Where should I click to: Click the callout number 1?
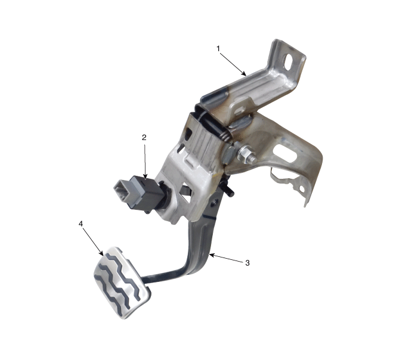tap(218, 48)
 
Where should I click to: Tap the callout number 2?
tap(144, 138)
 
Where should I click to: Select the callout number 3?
tap(247, 263)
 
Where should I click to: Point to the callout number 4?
tap(80, 224)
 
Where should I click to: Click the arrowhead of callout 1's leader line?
tap(244, 74)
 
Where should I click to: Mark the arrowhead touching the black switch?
tap(145, 176)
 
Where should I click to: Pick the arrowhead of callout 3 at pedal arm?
tap(212, 255)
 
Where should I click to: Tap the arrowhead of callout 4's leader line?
tap(101, 253)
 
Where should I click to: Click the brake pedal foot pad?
tap(122, 282)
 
